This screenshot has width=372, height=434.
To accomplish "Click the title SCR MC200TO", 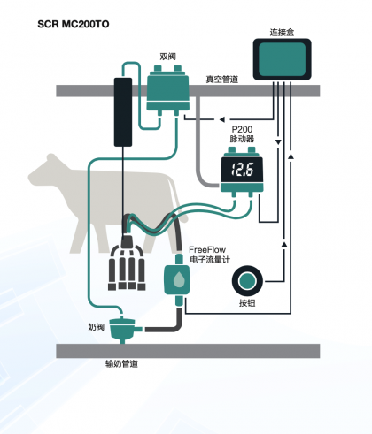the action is pos(74,24).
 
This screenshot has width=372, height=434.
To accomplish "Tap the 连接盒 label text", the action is pos(282,32).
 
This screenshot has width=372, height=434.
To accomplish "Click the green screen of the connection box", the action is pos(282,59).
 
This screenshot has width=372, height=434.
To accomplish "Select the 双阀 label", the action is pos(167,57).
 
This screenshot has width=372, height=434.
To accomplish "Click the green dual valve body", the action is pos(167,91).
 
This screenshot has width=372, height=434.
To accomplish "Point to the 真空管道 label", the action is pos(222,79).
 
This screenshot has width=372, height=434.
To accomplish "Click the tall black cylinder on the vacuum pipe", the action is pos(123,112).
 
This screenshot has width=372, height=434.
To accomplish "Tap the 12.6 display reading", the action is pos(242,170).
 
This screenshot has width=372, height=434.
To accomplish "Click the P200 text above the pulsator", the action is pos(242,129).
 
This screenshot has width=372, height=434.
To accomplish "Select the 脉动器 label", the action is pos(242,139).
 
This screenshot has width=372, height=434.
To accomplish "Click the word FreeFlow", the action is pos(207,250).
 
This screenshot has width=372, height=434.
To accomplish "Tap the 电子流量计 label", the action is pos(210,260).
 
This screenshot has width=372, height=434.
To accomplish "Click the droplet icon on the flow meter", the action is pos(178,279).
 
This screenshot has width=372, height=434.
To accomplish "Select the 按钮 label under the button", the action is pos(247,303).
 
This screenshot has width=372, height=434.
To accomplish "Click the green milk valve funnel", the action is pos(122,329).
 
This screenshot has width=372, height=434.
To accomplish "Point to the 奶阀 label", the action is pos(97,327).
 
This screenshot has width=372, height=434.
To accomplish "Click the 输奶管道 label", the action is pos(121,364).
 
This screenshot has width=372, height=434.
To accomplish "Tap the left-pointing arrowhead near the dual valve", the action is pos(221,119).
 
